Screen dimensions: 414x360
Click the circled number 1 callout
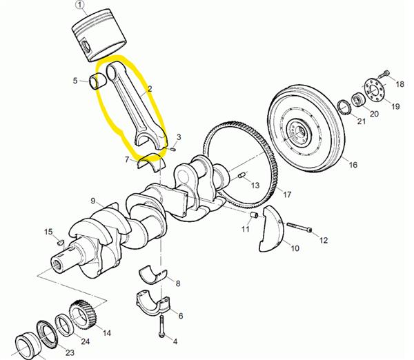pyautogui.click(x=79, y=5)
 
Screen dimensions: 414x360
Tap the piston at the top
pyautogui.click(x=99, y=35)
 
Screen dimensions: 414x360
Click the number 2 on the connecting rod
pyautogui.click(x=150, y=89)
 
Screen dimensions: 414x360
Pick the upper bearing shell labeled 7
pyautogui.click(x=151, y=163)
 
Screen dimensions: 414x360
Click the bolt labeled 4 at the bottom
pyautogui.click(x=161, y=326)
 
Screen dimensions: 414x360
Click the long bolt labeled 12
pyautogui.click(x=299, y=228)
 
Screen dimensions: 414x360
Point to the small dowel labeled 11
pyautogui.click(x=254, y=215)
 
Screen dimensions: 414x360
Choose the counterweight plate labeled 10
pyautogui.click(x=271, y=228)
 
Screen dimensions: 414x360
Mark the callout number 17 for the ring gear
pyautogui.click(x=287, y=194)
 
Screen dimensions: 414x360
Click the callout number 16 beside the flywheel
pyautogui.click(x=353, y=165)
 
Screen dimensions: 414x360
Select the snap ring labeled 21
pyautogui.click(x=344, y=108)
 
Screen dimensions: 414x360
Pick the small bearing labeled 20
pyautogui.click(x=358, y=100)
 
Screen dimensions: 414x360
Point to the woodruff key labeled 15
pyautogui.click(x=61, y=242)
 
